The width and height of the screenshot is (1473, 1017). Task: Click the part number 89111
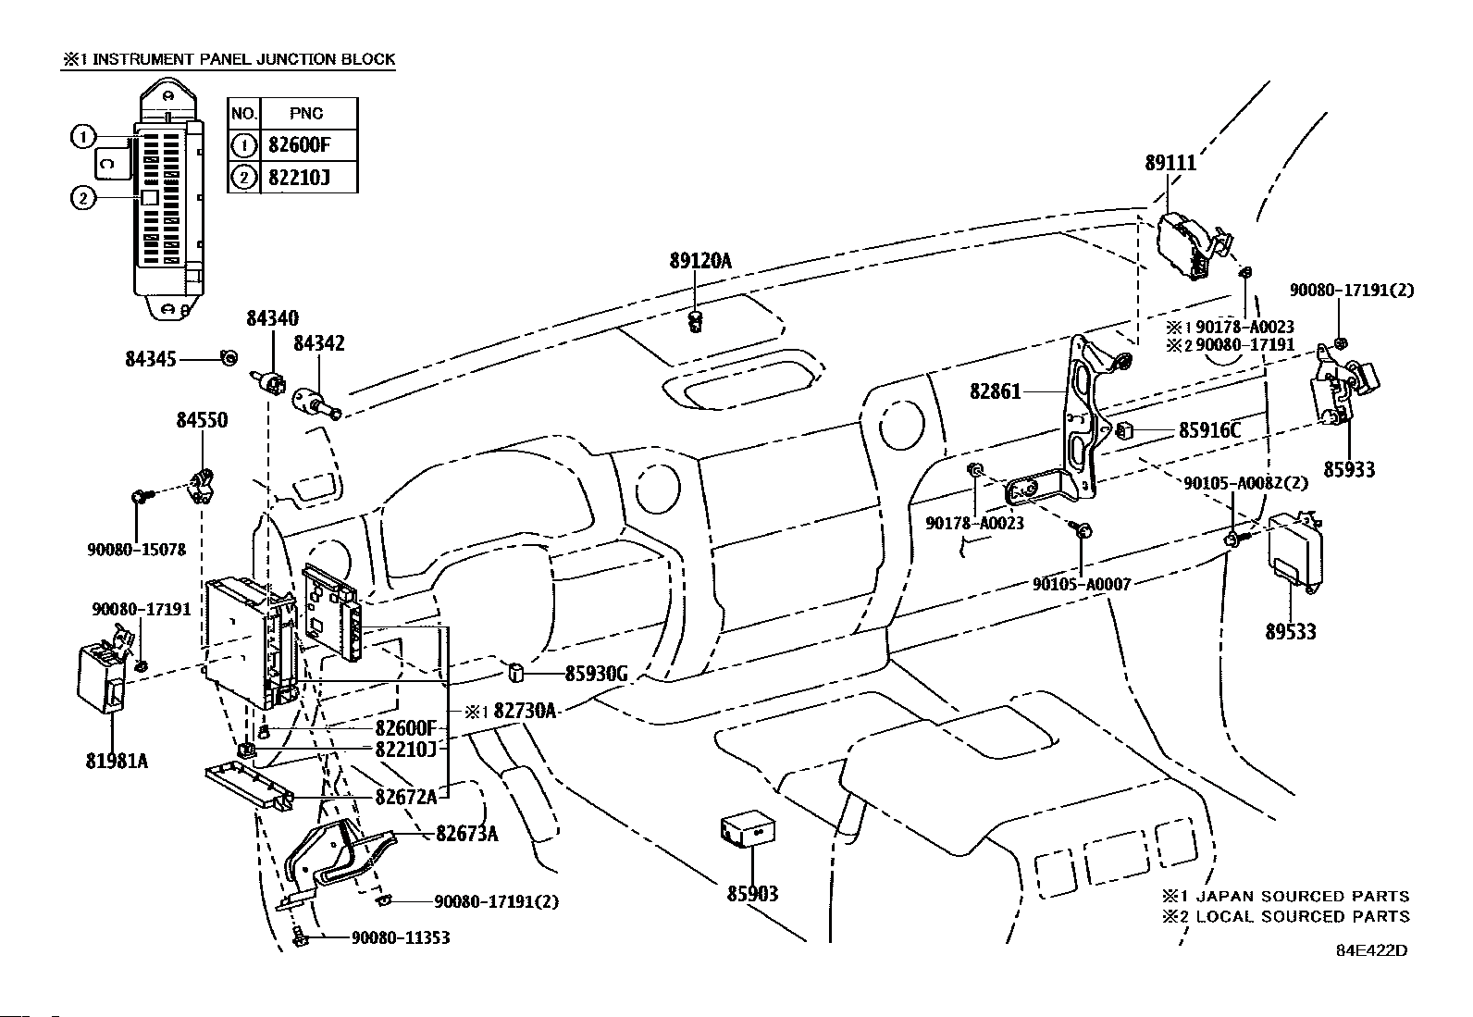pyautogui.click(x=1170, y=163)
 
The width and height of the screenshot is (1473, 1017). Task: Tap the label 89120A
pyautogui.click(x=700, y=261)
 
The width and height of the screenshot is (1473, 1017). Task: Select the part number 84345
pyautogui.click(x=151, y=359)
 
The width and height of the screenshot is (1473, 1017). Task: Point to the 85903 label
pyautogui.click(x=752, y=893)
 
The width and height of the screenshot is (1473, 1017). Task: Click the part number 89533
pyautogui.click(x=1291, y=631)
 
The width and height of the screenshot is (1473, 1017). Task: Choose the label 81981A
pyautogui.click(x=118, y=761)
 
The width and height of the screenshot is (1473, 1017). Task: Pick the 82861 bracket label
pyautogui.click(x=996, y=392)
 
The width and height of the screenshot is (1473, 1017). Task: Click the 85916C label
pyautogui.click(x=1209, y=431)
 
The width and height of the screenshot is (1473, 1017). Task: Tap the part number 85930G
pyautogui.click(x=597, y=674)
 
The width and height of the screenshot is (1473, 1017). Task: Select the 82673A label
pyautogui.click(x=467, y=834)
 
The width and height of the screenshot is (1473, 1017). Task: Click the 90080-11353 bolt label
pyautogui.click(x=401, y=937)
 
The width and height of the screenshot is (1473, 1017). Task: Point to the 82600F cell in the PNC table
pyautogui.click(x=299, y=144)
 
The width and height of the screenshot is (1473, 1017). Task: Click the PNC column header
pyautogui.click(x=306, y=114)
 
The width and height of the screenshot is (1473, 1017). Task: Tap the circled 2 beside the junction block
pyautogui.click(x=83, y=198)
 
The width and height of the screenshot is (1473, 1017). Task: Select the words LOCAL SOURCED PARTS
pyautogui.click(x=1303, y=916)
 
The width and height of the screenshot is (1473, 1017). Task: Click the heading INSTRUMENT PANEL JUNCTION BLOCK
pyautogui.click(x=244, y=59)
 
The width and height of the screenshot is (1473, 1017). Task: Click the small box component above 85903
pyautogui.click(x=748, y=830)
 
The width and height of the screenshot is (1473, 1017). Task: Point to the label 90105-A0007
pyautogui.click(x=1082, y=584)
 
